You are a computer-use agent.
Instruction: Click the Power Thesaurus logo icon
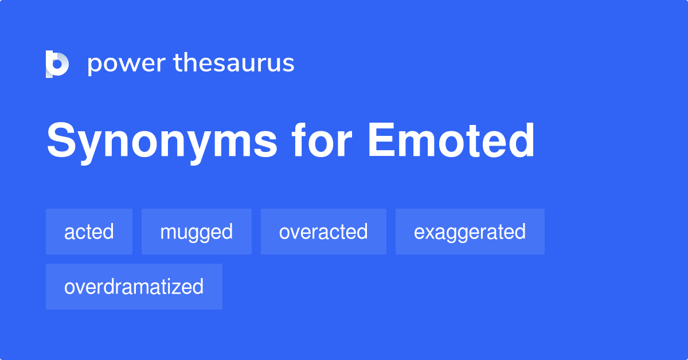(57, 64)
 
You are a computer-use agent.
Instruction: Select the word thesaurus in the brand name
(234, 64)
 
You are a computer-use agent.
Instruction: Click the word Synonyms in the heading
(162, 141)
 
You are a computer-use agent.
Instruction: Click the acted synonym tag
(89, 232)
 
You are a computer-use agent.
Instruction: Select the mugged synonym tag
(196, 232)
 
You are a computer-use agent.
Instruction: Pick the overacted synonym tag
(323, 232)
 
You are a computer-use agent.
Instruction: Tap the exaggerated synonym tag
(470, 232)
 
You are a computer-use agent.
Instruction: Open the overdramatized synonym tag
(134, 287)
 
